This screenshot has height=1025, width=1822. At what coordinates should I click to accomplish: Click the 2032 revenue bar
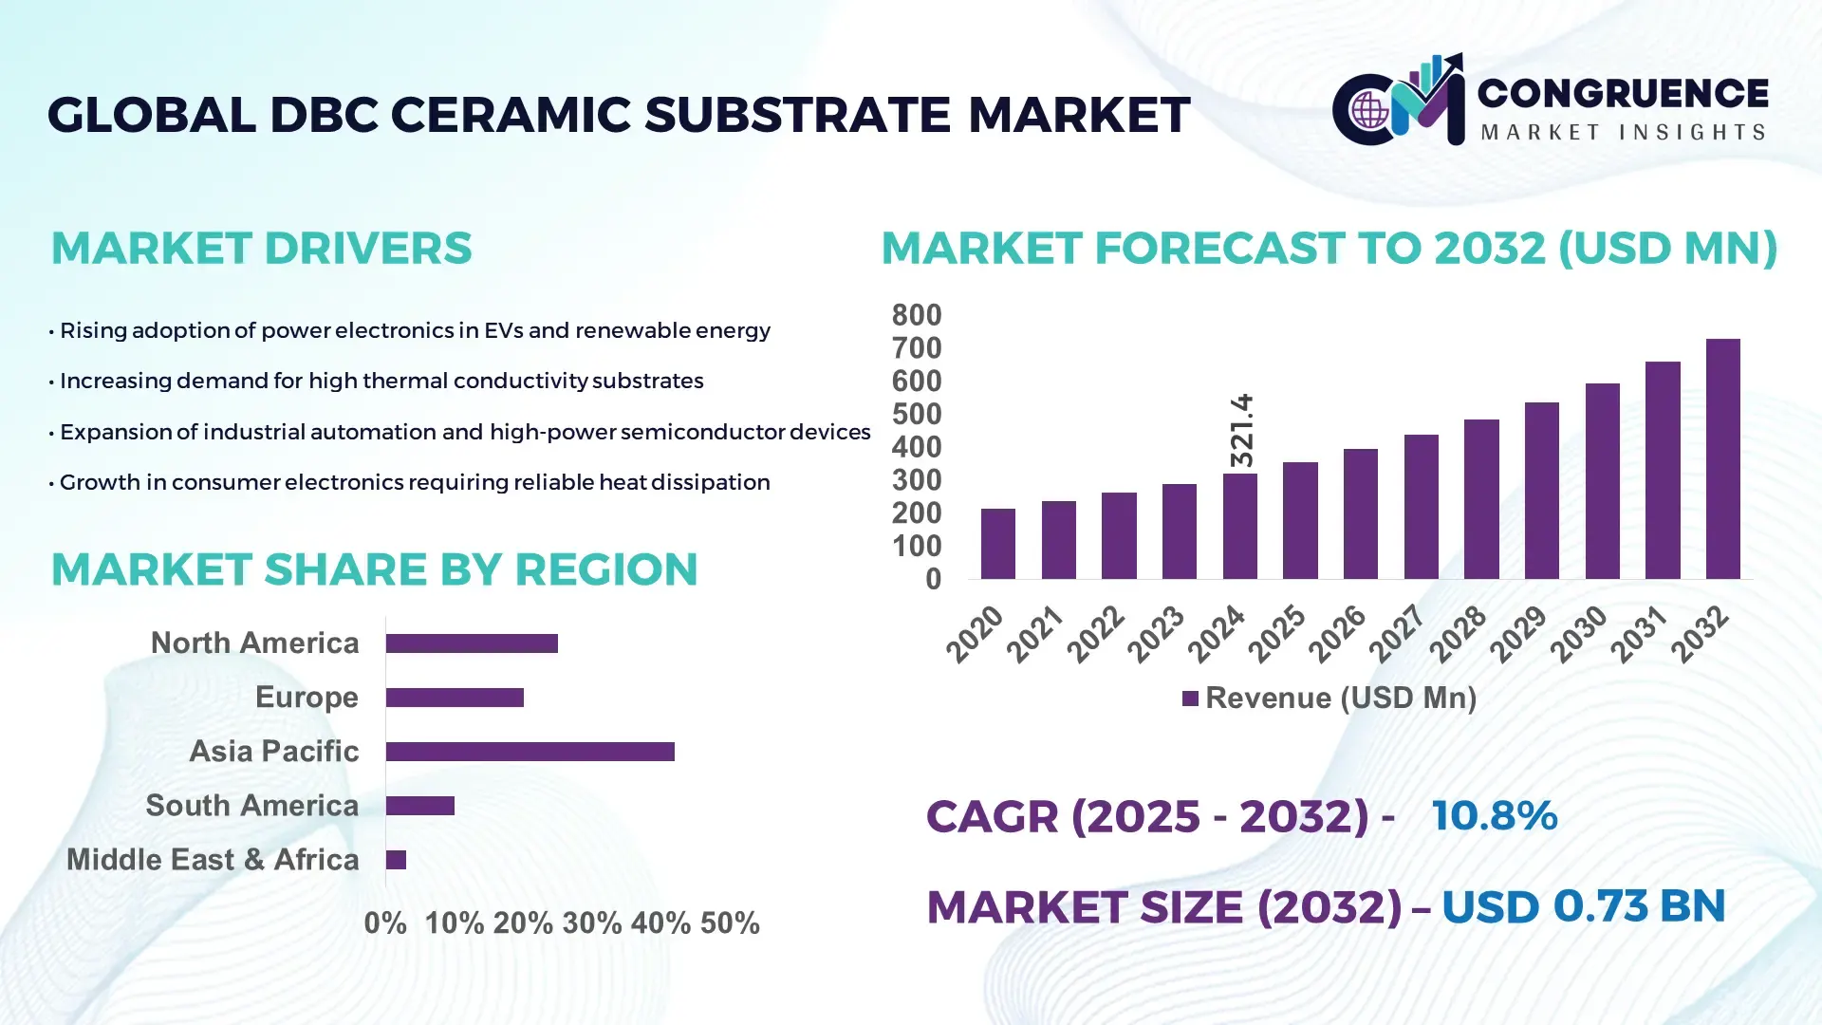click(x=1722, y=459)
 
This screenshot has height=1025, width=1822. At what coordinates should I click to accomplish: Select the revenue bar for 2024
click(x=1239, y=526)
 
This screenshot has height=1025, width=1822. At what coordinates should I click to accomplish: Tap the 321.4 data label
click(x=1241, y=430)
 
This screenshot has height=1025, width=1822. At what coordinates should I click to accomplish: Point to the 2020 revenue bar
click(x=997, y=544)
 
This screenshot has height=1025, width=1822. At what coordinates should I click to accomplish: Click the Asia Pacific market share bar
click(x=530, y=752)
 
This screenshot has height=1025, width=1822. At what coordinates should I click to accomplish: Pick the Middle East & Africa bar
click(x=396, y=860)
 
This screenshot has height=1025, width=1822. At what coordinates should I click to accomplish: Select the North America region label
click(x=254, y=643)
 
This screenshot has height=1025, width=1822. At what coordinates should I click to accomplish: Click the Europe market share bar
click(x=455, y=698)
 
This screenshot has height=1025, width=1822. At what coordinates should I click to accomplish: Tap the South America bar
click(x=419, y=806)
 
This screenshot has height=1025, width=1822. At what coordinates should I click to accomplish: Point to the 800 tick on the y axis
click(x=916, y=315)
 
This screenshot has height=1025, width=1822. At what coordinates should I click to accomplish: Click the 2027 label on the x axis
click(x=1397, y=633)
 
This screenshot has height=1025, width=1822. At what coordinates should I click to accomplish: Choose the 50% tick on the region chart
click(x=730, y=922)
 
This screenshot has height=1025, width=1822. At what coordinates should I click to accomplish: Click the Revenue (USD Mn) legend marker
click(x=1190, y=699)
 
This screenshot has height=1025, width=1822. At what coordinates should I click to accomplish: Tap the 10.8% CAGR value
click(x=1494, y=815)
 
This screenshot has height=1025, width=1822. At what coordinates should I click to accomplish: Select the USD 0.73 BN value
click(x=1583, y=906)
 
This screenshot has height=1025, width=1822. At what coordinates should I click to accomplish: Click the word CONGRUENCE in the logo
click(x=1622, y=93)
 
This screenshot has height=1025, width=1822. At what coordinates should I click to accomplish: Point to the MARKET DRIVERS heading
click(x=261, y=249)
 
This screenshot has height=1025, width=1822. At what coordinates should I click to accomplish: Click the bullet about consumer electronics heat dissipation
click(x=414, y=482)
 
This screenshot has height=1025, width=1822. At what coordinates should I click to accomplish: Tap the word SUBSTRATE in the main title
click(x=797, y=115)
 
